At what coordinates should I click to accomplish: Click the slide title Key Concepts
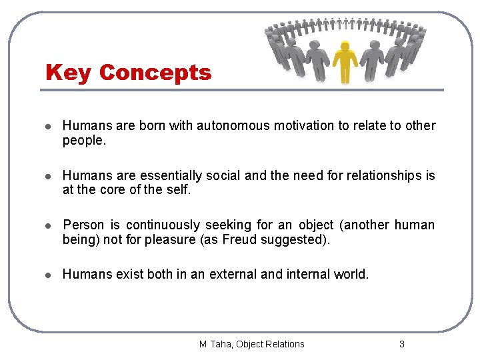pos(128,72)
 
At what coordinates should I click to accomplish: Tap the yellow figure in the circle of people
pos(345,61)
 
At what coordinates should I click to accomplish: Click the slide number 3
pos(401,344)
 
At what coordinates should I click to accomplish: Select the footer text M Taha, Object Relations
pos(251,344)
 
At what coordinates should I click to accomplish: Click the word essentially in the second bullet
pos(172,175)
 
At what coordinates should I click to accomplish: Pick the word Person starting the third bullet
pos(82,225)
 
